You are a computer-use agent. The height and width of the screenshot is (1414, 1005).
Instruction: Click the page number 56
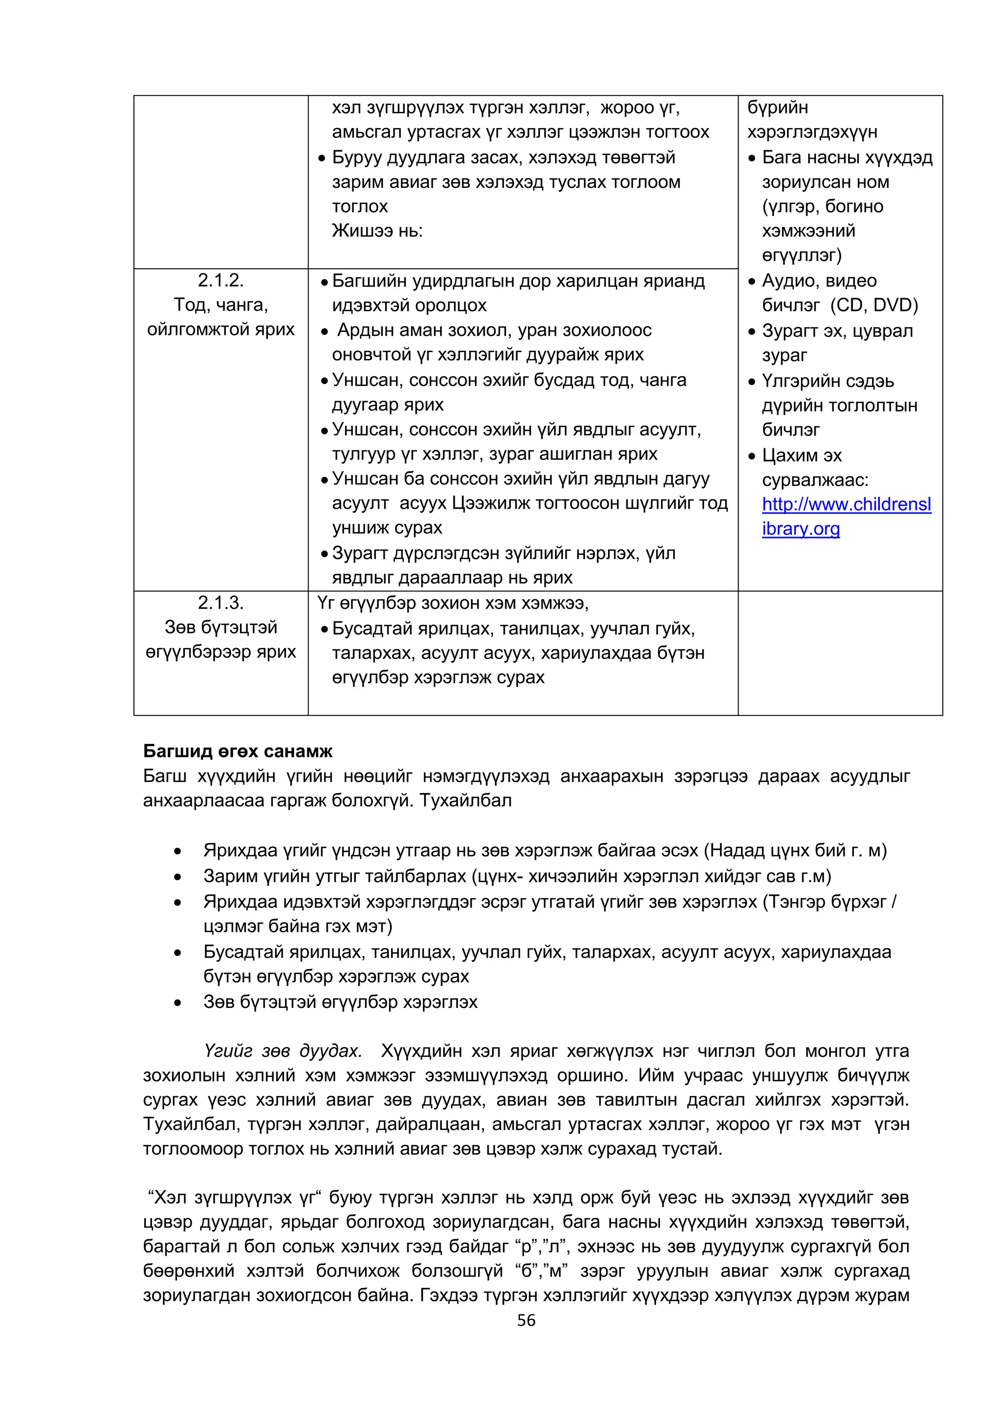tap(526, 1321)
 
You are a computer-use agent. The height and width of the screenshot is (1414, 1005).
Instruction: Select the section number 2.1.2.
tap(221, 281)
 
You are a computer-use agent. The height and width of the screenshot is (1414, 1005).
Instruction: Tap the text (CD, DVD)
tap(874, 305)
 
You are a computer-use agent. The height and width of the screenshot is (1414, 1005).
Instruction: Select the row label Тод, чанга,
tap(221, 305)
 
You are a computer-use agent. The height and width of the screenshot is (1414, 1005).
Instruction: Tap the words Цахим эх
tap(801, 456)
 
